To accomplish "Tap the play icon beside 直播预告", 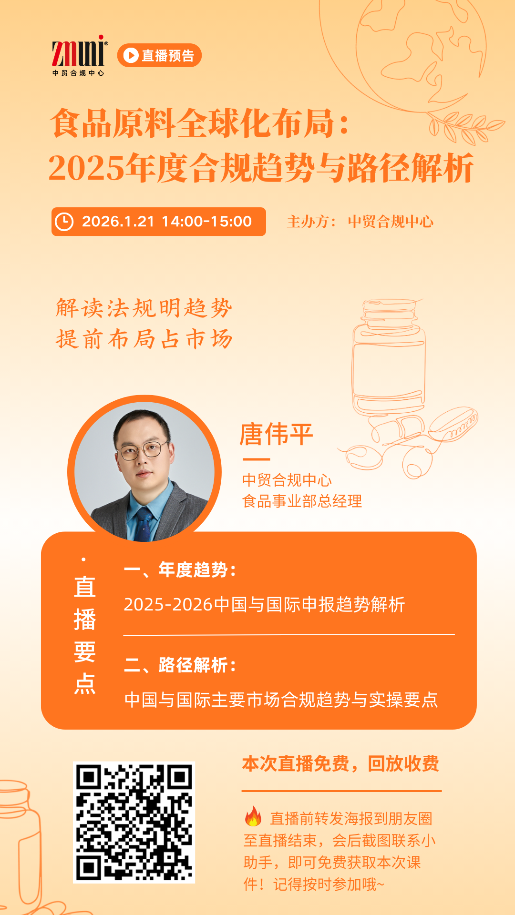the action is pyautogui.click(x=131, y=56).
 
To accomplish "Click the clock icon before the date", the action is pyautogui.click(x=64, y=222).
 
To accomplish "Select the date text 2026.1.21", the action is pyautogui.click(x=118, y=222).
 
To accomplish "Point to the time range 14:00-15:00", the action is pyautogui.click(x=207, y=222).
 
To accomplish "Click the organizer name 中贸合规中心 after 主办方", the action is pyautogui.click(x=391, y=222).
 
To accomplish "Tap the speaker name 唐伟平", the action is pyautogui.click(x=276, y=434).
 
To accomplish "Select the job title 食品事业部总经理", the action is pyautogui.click(x=302, y=501).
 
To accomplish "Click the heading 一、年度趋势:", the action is pyautogui.click(x=180, y=570).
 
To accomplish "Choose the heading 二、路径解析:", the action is pyautogui.click(x=180, y=665).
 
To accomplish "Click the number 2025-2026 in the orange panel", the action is pyautogui.click(x=168, y=605).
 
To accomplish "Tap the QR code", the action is pyautogui.click(x=134, y=823).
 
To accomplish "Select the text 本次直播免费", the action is pyautogui.click(x=296, y=764).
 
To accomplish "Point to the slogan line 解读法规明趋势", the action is pyautogui.click(x=144, y=308).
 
